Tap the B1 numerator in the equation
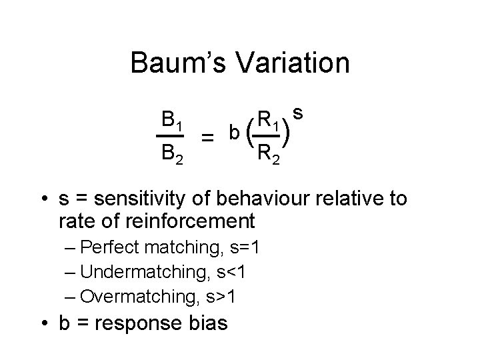(x=173, y=121)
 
